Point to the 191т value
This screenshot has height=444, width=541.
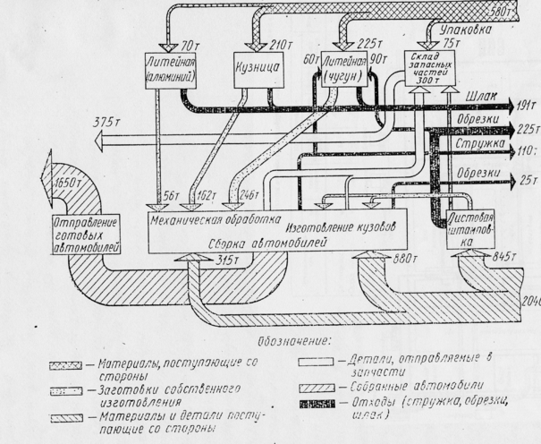click(525, 104)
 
